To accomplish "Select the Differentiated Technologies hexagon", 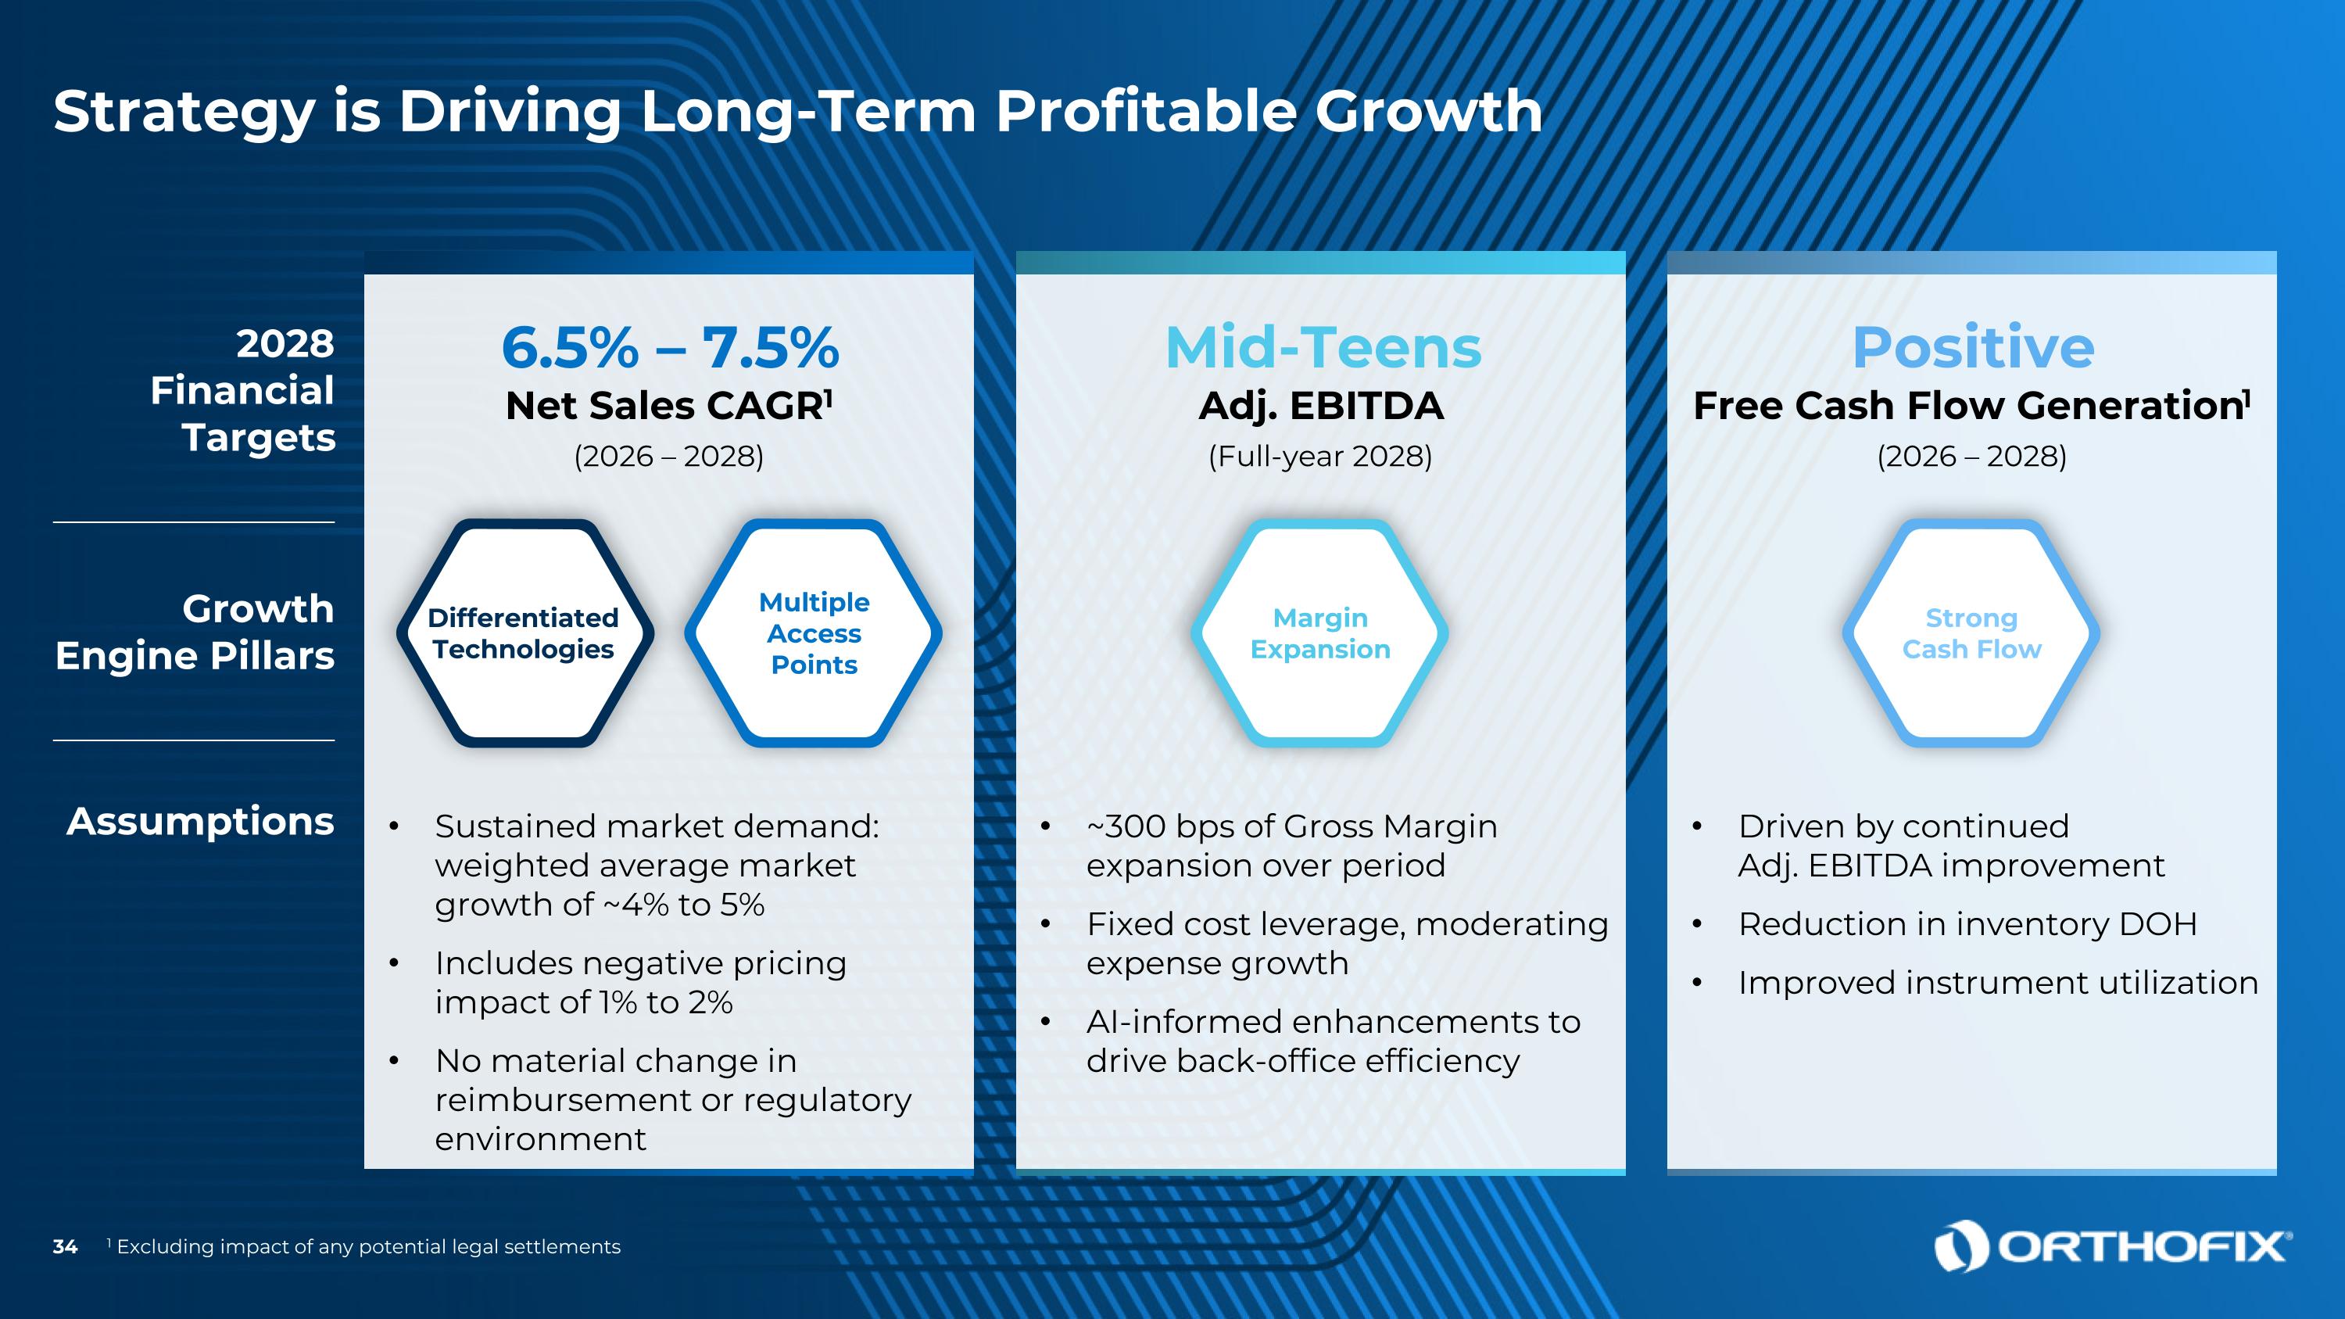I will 524,633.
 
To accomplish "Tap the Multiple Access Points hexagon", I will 814,633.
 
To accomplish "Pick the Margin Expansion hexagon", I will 1320,633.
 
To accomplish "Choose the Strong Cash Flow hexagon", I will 1972,633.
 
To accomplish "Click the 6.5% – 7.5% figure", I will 670,348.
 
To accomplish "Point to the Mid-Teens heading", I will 1323,348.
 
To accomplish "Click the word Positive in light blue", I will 1973,348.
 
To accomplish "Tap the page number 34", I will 65,1247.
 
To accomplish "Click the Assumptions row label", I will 200,821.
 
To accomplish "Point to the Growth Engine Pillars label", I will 195,632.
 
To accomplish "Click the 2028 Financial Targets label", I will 243,390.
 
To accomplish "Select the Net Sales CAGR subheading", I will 668,406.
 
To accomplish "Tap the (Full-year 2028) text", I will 1320,456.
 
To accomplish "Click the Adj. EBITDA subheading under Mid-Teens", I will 1321,406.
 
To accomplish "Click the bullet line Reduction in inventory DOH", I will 1967,924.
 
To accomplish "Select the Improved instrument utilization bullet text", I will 1997,983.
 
